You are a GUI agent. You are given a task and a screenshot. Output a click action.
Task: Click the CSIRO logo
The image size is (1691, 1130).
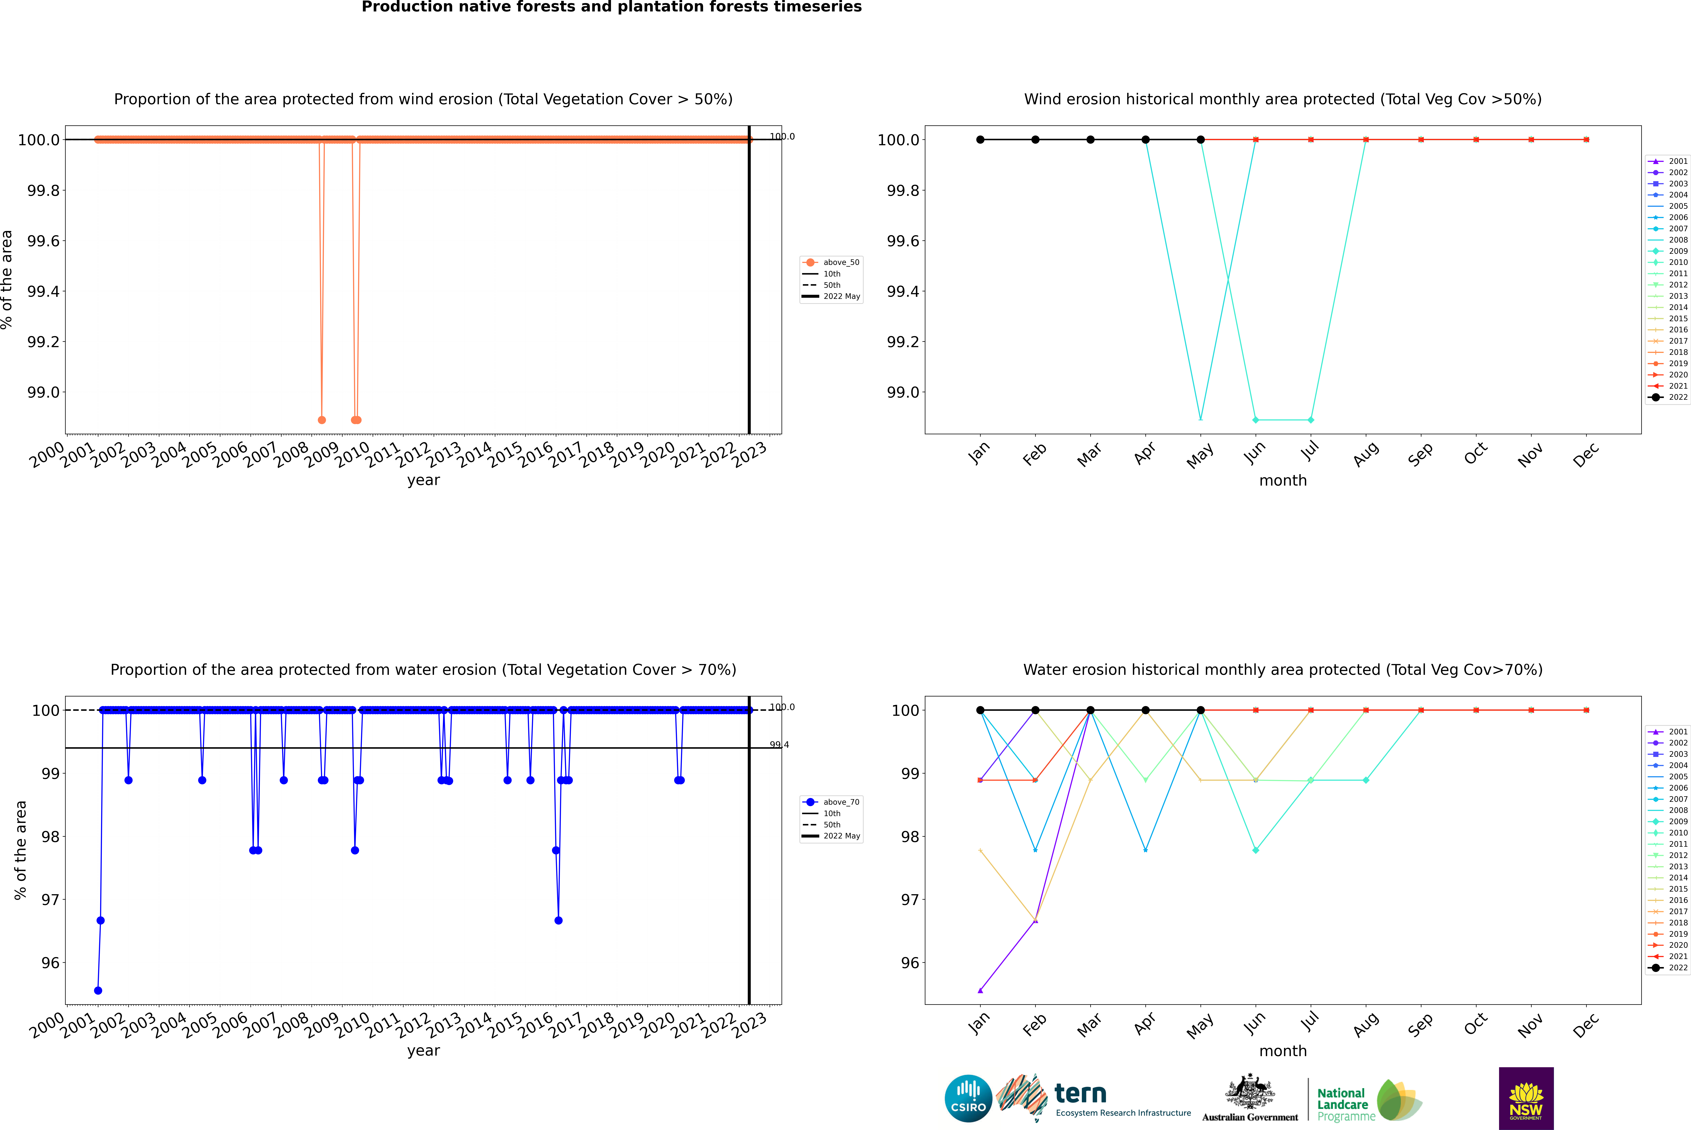point(968,1098)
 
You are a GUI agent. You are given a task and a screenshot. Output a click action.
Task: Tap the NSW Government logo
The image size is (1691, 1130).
point(1526,1098)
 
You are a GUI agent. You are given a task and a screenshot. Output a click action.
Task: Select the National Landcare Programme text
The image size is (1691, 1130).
point(1342,1104)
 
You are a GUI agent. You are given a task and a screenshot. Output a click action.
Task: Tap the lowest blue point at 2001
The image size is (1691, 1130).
point(98,990)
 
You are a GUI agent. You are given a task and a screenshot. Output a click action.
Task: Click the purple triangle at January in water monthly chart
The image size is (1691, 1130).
point(980,990)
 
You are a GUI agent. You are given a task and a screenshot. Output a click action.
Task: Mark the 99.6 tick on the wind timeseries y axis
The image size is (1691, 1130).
point(43,241)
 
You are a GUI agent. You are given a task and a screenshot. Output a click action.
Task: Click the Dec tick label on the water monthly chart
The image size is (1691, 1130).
point(1586,1025)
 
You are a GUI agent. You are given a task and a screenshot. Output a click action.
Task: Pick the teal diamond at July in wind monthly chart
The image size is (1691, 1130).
point(1310,419)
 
